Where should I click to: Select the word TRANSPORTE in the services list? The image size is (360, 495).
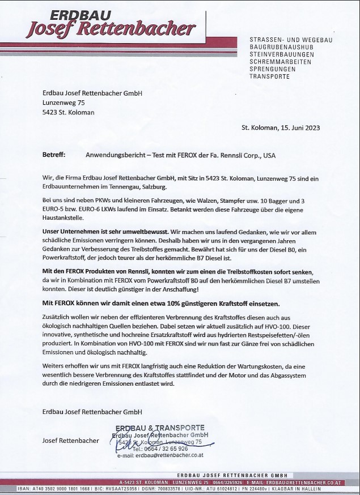tap(269, 76)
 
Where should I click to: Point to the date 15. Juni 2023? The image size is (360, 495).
tap(297, 128)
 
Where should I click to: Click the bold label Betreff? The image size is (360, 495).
tap(54, 155)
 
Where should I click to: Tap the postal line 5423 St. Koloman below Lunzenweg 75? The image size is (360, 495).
tap(69, 112)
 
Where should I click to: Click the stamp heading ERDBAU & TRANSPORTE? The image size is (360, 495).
tap(160, 427)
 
